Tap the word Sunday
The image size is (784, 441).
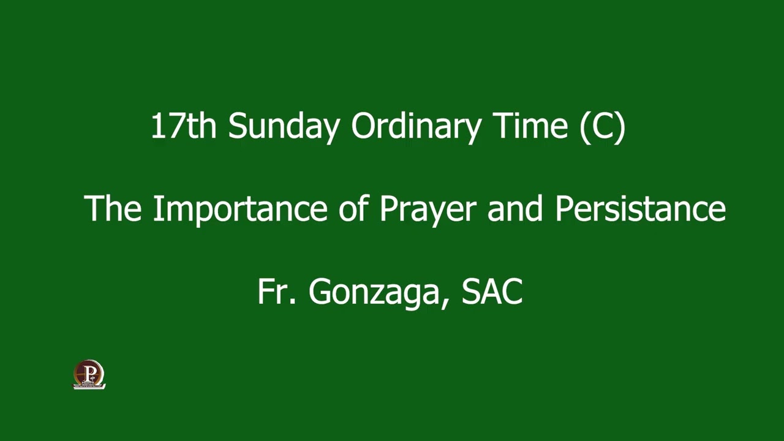(284, 126)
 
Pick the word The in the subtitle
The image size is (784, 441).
(113, 208)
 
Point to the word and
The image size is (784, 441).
(515, 208)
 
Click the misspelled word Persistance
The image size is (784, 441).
(640, 208)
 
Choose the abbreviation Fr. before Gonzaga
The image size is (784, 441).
(277, 292)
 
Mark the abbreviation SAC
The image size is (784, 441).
(492, 292)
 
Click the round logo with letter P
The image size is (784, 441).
(89, 374)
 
